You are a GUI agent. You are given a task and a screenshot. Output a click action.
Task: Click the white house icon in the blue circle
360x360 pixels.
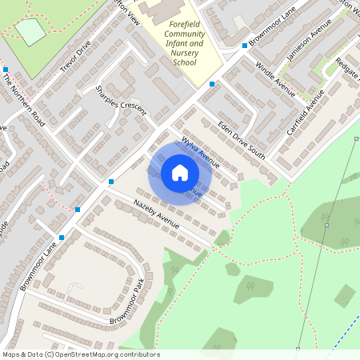click(x=179, y=173)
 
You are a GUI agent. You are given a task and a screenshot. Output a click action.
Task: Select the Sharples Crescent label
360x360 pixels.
click(x=121, y=99)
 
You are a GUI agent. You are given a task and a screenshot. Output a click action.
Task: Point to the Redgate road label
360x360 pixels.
click(x=349, y=72)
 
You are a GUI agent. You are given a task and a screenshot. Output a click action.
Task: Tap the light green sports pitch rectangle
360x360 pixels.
click(x=31, y=32)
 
